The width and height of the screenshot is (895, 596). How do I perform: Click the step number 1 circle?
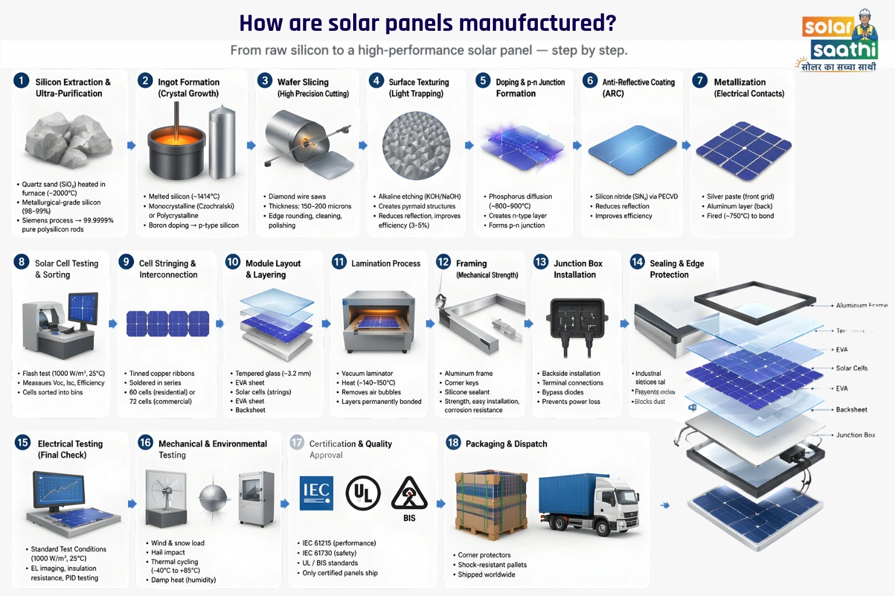pos(21,80)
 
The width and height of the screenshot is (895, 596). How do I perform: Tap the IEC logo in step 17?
pos(316,493)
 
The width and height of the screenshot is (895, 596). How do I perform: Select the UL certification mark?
pos(363,493)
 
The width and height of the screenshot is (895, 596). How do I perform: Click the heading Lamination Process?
pos(386,264)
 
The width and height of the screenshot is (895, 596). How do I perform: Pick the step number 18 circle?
pos(453,442)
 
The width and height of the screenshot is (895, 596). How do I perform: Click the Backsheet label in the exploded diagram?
pos(851,410)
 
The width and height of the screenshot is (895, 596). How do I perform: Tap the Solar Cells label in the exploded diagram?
pos(851,368)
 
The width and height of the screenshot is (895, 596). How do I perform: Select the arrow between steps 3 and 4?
pos(363,146)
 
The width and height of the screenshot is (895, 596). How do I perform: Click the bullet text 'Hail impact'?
pos(168,552)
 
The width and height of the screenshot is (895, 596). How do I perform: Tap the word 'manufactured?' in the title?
pos(537,23)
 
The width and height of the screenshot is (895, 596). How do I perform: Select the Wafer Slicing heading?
pos(303,82)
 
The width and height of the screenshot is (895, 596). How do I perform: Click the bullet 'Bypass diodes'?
pos(562,392)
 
